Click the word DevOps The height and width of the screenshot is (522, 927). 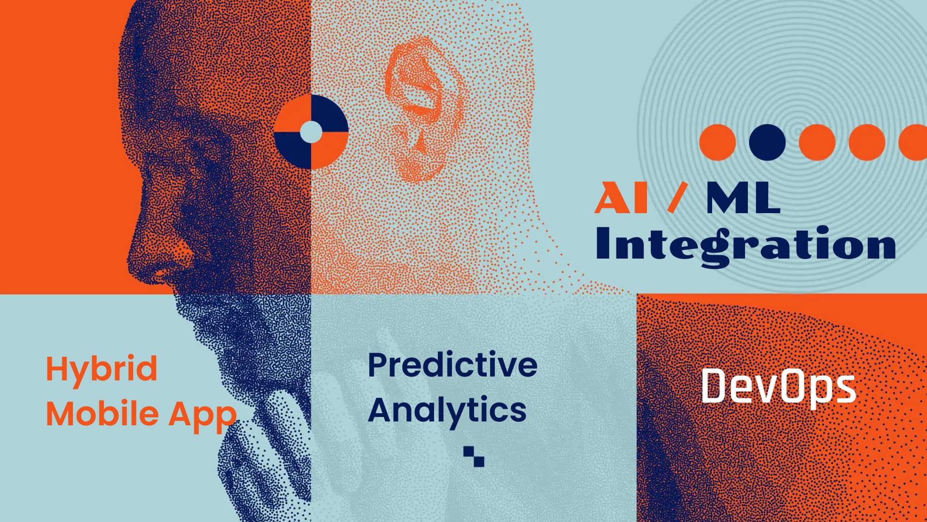778,386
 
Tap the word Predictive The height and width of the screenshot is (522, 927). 452,365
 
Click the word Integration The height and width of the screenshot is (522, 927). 746,246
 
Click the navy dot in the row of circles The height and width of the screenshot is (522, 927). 767,142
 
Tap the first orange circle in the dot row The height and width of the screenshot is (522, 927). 717,142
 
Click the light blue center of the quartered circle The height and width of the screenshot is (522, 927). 311,132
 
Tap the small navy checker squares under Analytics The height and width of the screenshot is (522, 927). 474,456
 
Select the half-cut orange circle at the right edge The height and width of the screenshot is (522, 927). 914,142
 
